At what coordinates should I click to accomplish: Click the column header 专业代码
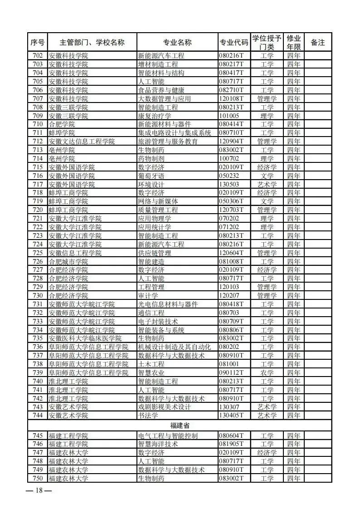[234, 43]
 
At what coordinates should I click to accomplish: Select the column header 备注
[318, 43]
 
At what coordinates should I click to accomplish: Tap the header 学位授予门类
[267, 43]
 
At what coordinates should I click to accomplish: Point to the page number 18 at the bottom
[39, 490]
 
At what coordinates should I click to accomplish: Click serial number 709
[38, 116]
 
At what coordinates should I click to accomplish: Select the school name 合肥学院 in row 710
[62, 124]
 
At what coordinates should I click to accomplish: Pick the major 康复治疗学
[155, 116]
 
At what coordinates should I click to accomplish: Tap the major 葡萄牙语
[151, 176]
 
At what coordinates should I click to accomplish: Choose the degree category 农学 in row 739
[267, 372]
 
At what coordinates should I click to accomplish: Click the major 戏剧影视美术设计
[165, 407]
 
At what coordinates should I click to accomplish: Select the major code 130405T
[232, 416]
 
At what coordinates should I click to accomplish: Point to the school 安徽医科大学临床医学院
[85, 338]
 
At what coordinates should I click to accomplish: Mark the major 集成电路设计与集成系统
[175, 133]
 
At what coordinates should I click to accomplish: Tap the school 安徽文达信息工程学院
[82, 142]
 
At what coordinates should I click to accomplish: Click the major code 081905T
[232, 444]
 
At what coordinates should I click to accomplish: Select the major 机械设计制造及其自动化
[175, 347]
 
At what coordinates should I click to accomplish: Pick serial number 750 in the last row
[38, 478]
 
